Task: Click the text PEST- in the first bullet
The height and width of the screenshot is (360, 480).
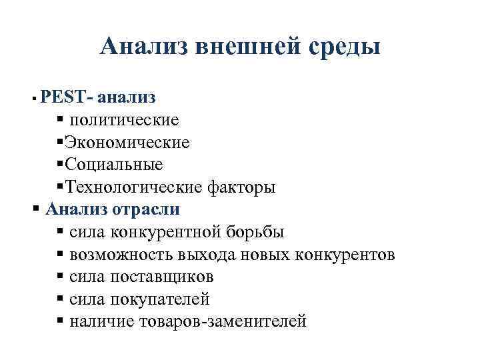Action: click(x=66, y=98)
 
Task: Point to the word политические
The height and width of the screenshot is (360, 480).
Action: click(x=124, y=121)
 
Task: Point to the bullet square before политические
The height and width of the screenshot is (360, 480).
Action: click(x=61, y=120)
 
